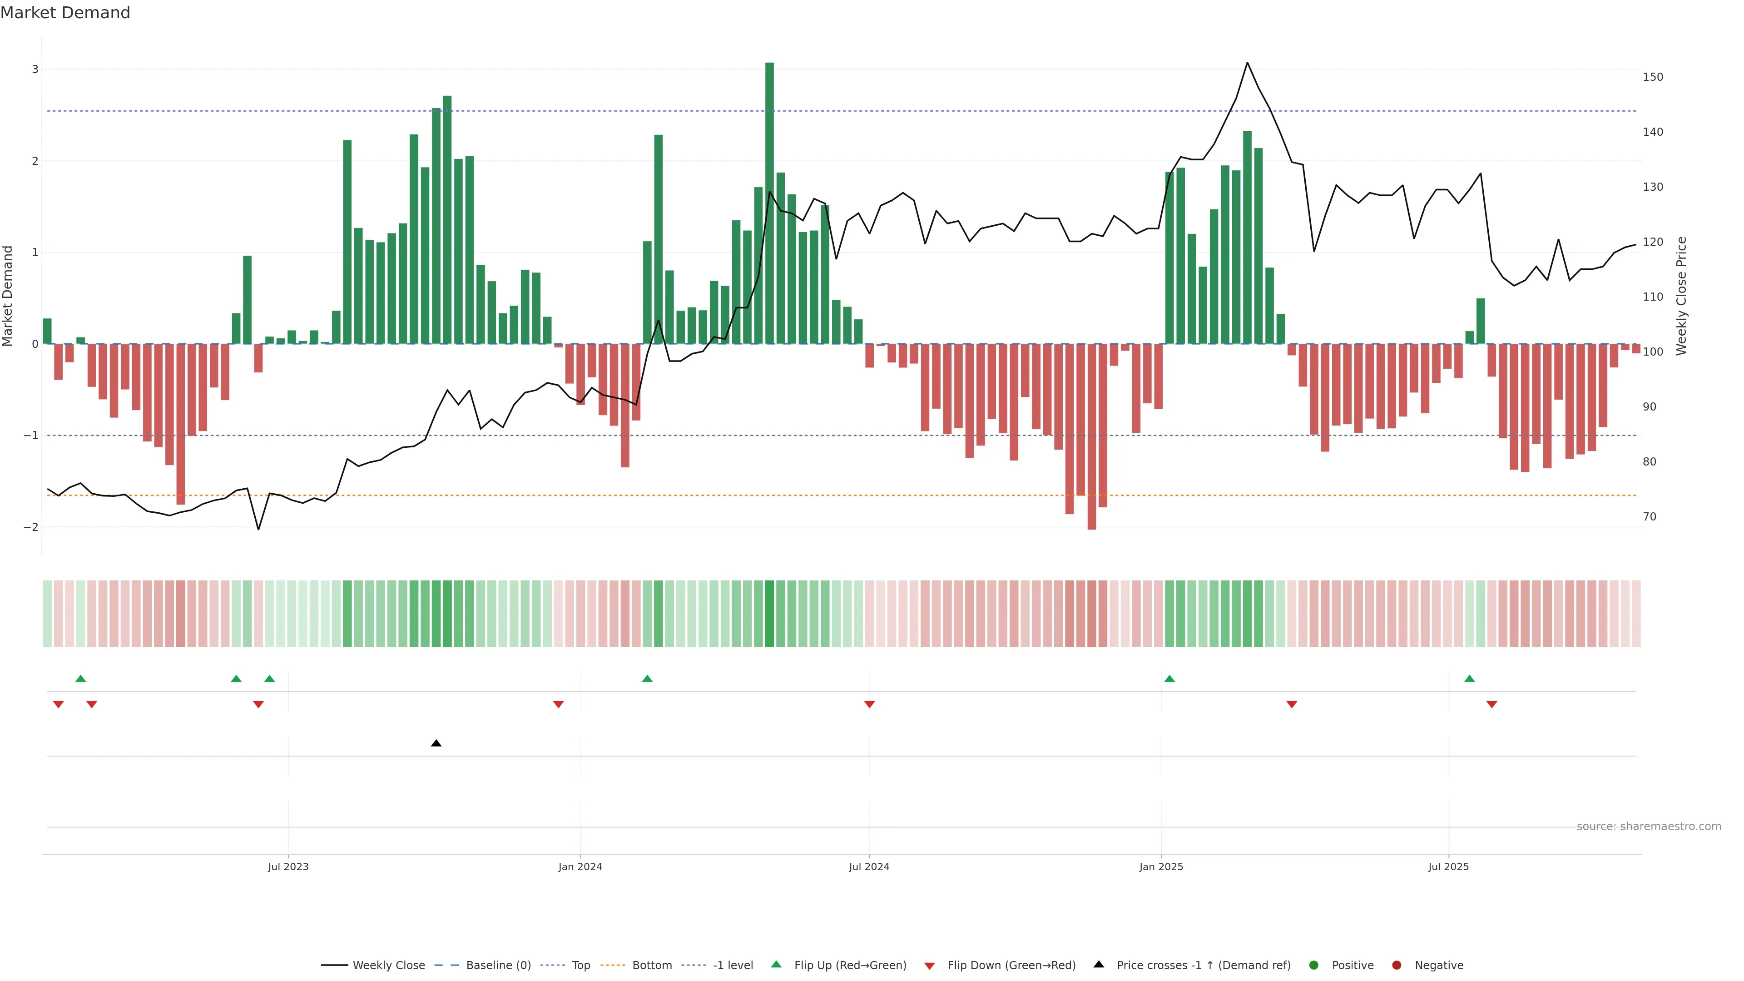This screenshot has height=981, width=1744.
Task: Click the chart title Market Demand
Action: (x=65, y=13)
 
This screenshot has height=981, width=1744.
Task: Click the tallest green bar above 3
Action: (x=769, y=203)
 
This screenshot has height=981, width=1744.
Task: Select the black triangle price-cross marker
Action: (x=436, y=743)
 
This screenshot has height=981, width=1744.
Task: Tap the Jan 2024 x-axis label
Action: (x=580, y=867)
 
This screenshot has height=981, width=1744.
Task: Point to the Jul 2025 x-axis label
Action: (x=1448, y=867)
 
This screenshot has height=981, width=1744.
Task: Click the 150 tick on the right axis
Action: (x=1653, y=77)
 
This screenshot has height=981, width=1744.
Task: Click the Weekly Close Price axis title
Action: (x=1682, y=296)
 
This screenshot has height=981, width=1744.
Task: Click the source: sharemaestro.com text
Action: (x=1649, y=827)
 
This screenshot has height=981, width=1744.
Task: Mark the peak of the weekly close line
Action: (x=1247, y=63)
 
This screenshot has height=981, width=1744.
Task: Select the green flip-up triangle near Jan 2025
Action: (x=1169, y=679)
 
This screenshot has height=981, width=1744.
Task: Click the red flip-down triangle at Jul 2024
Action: (x=869, y=705)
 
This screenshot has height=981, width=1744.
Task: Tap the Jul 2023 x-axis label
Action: (x=288, y=867)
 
